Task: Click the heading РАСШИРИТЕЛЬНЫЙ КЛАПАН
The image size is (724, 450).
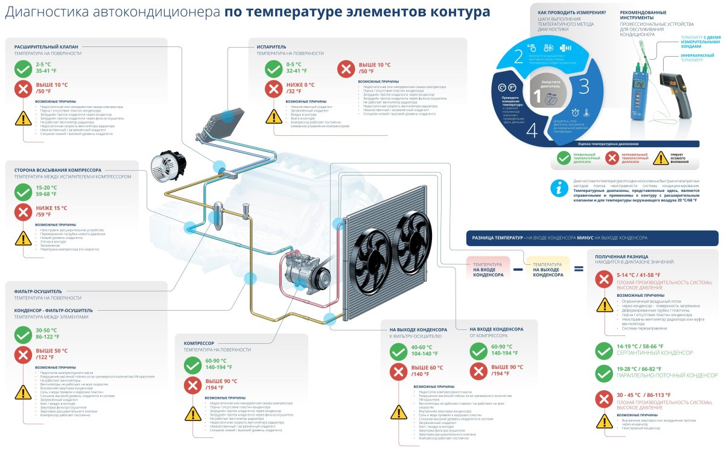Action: click(46, 46)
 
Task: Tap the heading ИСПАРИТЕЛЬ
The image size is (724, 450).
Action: click(271, 46)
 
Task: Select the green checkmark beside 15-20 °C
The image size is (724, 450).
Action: click(23, 192)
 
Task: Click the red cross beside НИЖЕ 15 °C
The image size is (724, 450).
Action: click(23, 212)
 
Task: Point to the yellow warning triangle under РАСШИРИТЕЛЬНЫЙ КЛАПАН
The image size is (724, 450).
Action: click(23, 118)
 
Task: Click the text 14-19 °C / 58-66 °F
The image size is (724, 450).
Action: click(640, 347)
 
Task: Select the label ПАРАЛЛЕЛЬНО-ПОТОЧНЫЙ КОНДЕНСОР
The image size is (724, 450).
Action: click(667, 375)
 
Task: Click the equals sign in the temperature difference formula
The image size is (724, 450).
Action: click(578, 269)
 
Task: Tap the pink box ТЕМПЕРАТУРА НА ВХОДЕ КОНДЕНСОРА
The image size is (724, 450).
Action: click(488, 269)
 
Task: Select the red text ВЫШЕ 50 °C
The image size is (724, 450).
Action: click(52, 350)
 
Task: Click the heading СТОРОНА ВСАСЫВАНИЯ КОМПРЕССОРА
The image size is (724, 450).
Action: click(58, 170)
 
